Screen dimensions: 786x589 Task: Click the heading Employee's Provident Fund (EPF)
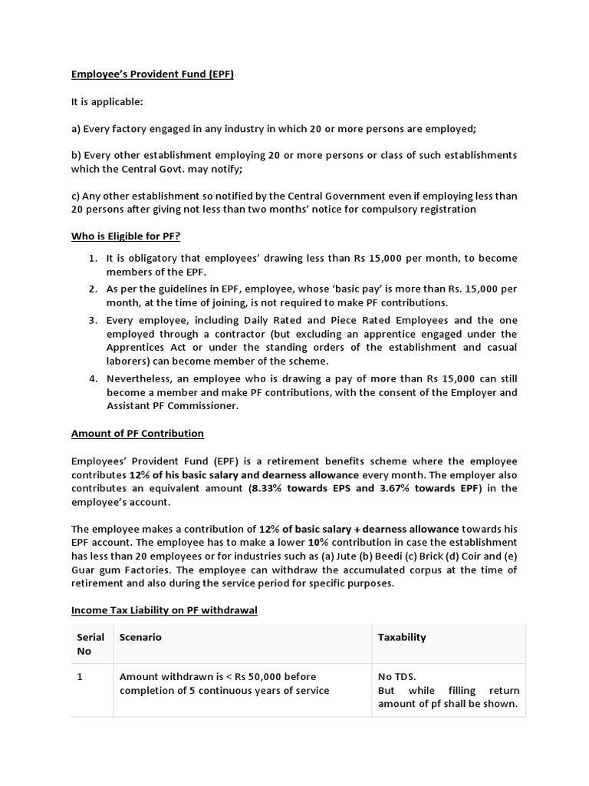(x=153, y=74)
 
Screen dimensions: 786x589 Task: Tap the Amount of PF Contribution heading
(x=137, y=434)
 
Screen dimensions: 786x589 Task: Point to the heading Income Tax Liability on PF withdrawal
(x=164, y=610)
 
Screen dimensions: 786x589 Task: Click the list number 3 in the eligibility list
(x=92, y=320)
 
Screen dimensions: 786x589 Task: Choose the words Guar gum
(x=96, y=570)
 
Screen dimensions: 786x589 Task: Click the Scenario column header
(x=140, y=637)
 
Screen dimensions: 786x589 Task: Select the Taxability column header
(x=402, y=637)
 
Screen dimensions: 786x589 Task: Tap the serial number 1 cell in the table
(x=80, y=677)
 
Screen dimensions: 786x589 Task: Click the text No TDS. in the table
(x=397, y=677)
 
